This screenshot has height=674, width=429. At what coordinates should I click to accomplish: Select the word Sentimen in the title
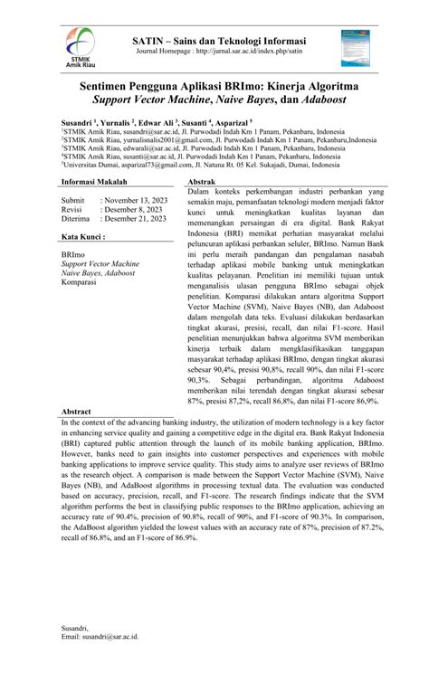pos(96,82)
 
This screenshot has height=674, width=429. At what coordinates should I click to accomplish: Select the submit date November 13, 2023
pos(133,199)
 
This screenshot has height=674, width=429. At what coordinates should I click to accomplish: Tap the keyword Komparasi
pos(79,282)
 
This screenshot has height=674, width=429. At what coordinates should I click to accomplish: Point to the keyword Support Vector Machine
pos(100,263)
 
